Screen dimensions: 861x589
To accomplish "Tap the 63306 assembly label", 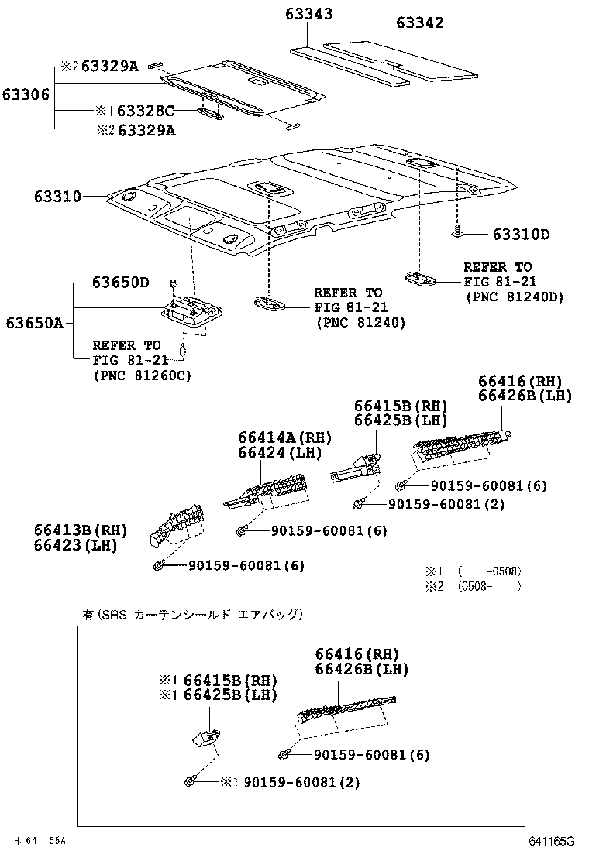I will pyautogui.click(x=26, y=94).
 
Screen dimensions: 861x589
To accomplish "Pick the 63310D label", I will pyautogui.click(x=521, y=235).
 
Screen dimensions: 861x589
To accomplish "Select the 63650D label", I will pyautogui.click(x=121, y=282).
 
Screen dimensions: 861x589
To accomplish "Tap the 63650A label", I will pyautogui.click(x=36, y=323).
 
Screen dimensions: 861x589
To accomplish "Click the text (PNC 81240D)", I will pyautogui.click(x=514, y=297).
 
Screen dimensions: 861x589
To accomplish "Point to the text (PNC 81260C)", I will pyautogui.click(x=142, y=376).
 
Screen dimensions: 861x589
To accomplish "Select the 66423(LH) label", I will pyautogui.click(x=74, y=544).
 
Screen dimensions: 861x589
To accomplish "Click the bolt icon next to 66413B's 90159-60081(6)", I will pyautogui.click(x=159, y=566).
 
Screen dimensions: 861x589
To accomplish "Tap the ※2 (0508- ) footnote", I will pyautogui.click(x=473, y=586).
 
